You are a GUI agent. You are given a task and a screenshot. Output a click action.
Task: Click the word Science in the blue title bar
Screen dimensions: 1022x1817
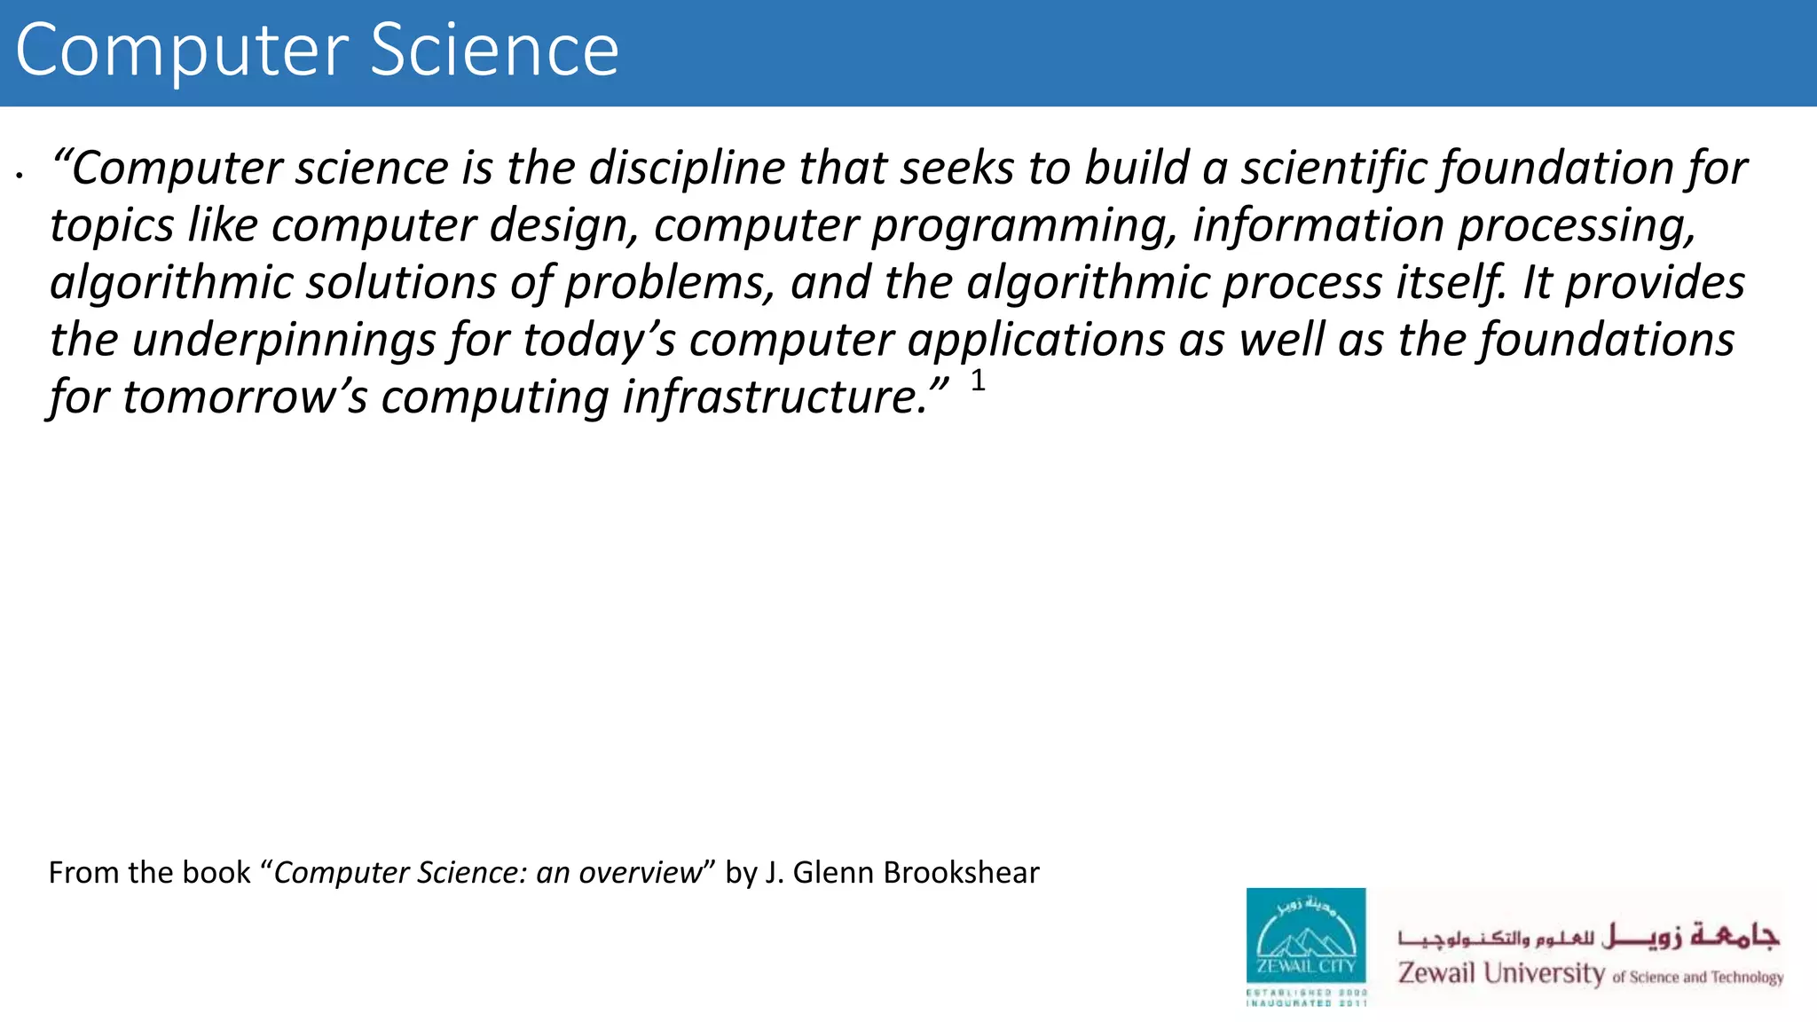493,51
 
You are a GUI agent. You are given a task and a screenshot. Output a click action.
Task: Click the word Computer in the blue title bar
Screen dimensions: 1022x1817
182,51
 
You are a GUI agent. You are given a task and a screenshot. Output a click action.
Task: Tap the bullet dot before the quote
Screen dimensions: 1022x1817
19,176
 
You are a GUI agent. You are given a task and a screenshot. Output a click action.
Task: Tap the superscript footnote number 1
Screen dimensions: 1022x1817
978,381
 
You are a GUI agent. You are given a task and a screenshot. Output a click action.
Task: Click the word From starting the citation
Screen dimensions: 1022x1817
83,873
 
